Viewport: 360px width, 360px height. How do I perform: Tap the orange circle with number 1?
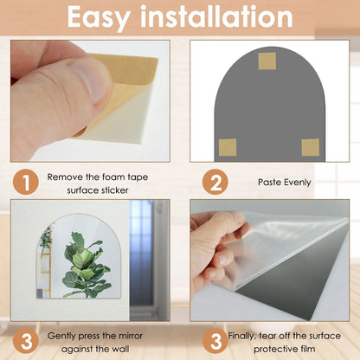click(x=28, y=183)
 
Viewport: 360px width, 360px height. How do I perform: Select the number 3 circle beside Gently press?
click(x=28, y=338)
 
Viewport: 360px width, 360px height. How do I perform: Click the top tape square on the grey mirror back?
click(x=267, y=61)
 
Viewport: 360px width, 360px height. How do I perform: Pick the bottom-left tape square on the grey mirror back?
click(x=227, y=146)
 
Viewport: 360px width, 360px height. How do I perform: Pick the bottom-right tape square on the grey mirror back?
click(x=310, y=146)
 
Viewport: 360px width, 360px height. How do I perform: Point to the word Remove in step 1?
click(x=66, y=176)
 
